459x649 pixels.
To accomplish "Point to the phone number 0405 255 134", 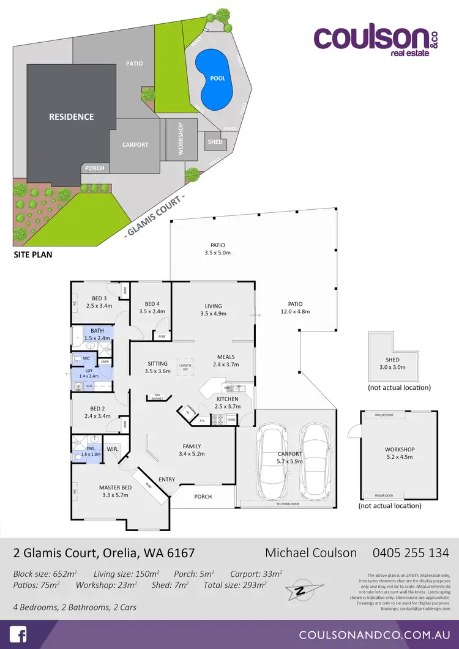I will click(411, 553).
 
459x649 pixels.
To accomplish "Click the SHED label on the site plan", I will click(215, 142).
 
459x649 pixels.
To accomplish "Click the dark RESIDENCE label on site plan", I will click(72, 117).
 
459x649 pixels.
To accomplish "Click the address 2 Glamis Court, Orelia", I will click(104, 553).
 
